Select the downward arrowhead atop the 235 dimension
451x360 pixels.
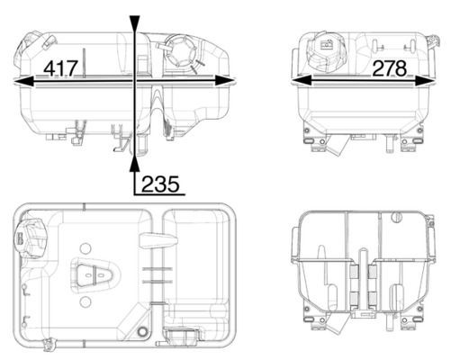coord(135,23)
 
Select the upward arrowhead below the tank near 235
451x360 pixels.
coord(135,161)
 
